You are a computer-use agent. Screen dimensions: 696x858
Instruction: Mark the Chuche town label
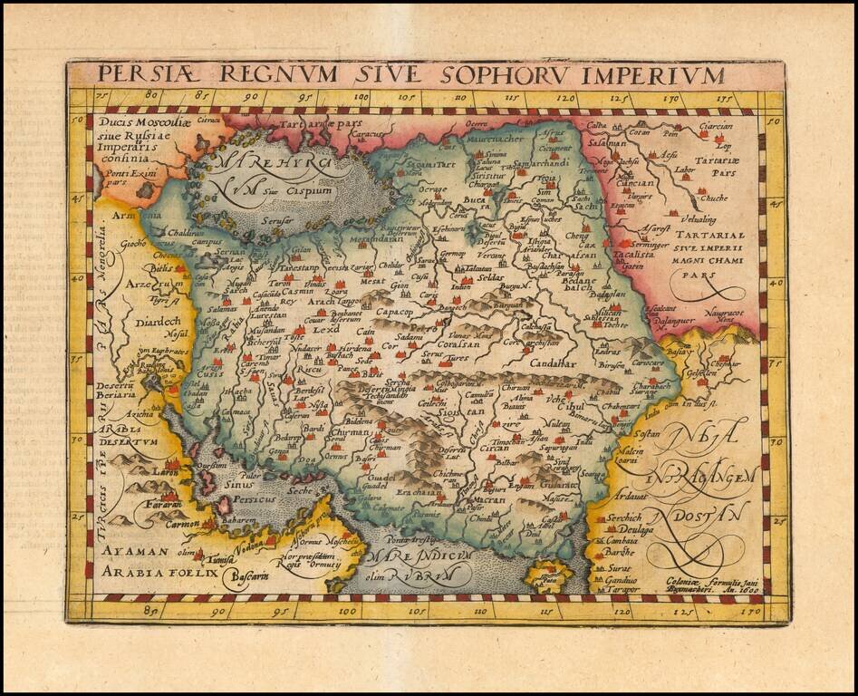click(714, 198)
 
